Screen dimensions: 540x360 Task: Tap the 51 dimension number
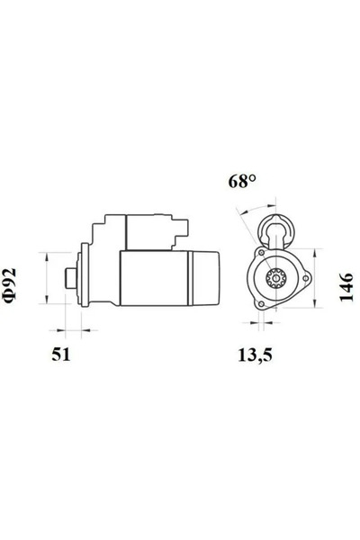59,354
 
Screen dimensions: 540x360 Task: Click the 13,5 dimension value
255,354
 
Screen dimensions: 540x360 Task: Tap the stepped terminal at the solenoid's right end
184,232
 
